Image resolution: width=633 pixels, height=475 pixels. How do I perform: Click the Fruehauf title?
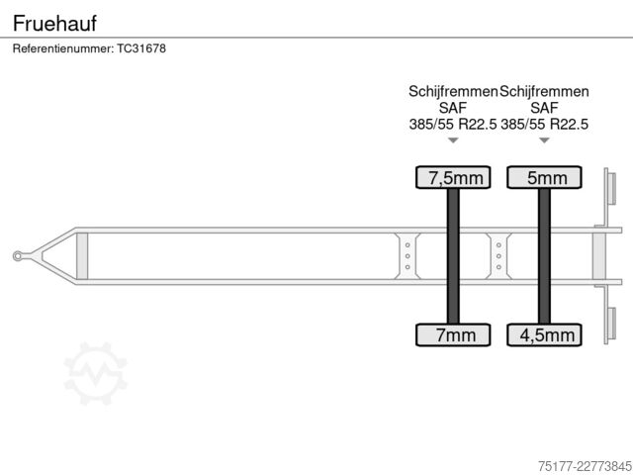coord(54,23)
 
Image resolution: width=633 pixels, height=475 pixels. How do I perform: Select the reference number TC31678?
coord(141,48)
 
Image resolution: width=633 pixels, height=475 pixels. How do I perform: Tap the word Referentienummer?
coord(63,48)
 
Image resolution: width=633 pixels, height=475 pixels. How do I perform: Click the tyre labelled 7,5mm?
coord(453,177)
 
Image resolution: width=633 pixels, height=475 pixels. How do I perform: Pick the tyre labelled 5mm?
coord(544,177)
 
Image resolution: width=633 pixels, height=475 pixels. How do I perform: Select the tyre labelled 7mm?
coord(453,334)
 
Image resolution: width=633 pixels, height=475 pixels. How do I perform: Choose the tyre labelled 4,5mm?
coord(544,334)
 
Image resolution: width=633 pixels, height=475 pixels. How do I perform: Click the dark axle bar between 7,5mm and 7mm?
coord(453,256)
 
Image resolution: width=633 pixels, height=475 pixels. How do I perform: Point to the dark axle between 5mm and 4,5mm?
coord(544,256)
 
